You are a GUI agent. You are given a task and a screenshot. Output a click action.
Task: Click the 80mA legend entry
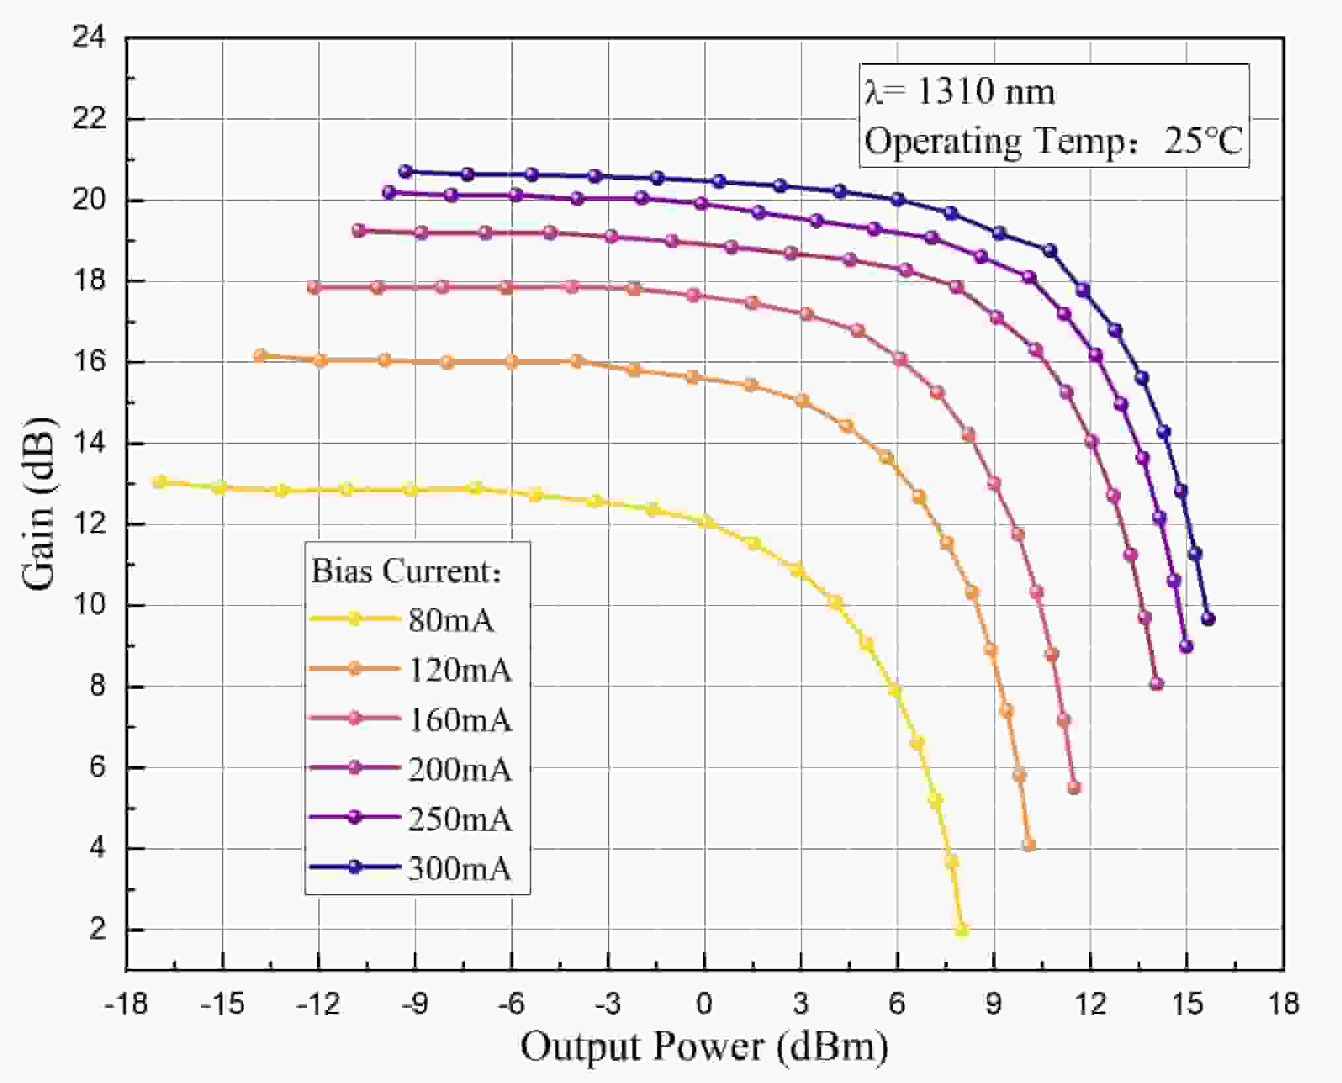point(451,620)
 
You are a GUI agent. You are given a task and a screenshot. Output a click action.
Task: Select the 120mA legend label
point(460,670)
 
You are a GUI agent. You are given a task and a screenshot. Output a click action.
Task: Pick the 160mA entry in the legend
point(460,720)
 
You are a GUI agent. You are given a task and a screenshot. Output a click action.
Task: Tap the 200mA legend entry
point(460,769)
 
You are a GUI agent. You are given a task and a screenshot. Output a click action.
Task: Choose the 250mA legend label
point(460,819)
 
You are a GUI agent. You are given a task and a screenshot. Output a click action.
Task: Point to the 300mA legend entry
point(460,868)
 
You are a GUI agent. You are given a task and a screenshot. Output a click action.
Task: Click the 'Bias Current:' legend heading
point(406,571)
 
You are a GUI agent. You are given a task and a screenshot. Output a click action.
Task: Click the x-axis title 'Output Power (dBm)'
point(704,1047)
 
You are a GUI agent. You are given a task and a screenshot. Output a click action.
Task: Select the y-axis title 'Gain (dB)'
point(38,504)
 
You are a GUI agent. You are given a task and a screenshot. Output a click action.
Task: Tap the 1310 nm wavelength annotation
point(985,91)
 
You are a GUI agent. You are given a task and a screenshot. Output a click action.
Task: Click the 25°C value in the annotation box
point(1203,141)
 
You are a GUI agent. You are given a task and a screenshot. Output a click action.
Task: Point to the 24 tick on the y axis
point(89,38)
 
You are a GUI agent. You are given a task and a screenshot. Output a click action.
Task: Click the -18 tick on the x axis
point(126,1004)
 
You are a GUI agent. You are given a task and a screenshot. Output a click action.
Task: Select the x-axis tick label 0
point(704,1004)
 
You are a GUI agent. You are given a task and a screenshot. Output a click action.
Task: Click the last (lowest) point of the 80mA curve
point(962,930)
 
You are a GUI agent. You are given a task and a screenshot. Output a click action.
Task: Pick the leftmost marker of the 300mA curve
point(405,171)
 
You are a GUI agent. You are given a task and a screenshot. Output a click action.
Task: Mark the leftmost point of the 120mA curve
point(260,355)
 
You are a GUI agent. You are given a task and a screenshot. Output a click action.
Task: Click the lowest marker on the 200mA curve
point(1156,684)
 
